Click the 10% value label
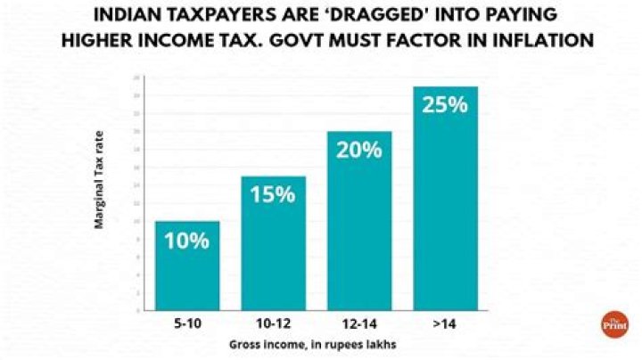click(x=186, y=240)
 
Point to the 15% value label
click(x=273, y=194)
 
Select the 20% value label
click(x=359, y=150)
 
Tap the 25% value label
click(x=445, y=104)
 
